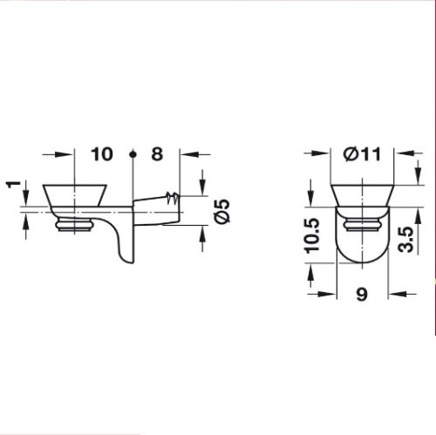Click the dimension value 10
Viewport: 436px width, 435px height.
pos(102,154)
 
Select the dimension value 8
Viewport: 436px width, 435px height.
pos(157,154)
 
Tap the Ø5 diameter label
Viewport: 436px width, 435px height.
pos(221,210)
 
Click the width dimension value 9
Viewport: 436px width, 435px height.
pos(363,295)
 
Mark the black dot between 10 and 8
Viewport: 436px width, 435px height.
pos(133,154)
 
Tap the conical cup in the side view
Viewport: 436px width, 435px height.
pos(76,196)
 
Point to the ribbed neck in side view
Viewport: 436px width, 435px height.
pos(75,227)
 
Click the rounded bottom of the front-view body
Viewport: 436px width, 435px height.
pos(363,260)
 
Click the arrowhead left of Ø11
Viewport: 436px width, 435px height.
pos(327,154)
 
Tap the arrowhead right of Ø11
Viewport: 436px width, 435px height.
pos(399,154)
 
